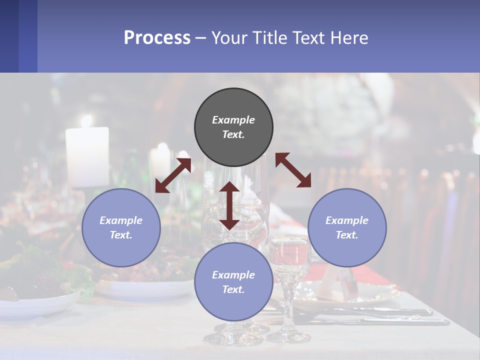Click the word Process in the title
pos(157,38)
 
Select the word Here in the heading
pos(349,38)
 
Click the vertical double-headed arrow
pos(229,206)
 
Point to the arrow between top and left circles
pos(173,175)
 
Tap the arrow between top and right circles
pos(293,170)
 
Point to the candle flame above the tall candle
pos(87,120)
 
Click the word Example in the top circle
pos(233,120)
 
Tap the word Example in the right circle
pos(347,220)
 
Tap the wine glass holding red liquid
pos(289,260)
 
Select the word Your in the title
pos(228,38)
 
